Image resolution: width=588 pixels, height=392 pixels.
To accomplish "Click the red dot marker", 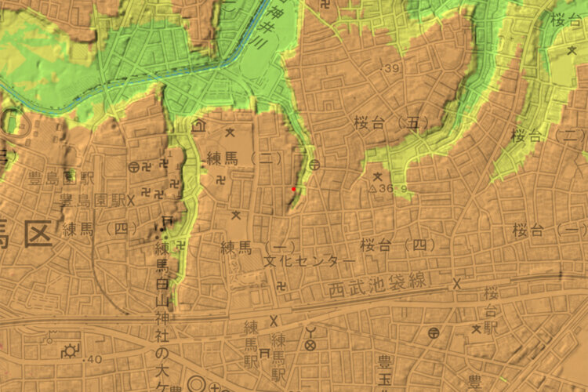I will point(293,189).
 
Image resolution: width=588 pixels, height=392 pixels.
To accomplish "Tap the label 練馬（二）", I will point(244,158).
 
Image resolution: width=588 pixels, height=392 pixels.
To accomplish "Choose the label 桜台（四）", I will point(397,245).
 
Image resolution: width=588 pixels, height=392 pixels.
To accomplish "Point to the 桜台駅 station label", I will point(492,310).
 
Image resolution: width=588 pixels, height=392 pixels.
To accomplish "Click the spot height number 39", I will point(392,71).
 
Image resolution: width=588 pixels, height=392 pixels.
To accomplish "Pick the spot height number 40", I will point(93,359).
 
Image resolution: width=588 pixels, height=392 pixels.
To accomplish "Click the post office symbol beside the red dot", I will point(314,165).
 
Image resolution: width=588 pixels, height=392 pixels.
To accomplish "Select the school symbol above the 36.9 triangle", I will point(378,176).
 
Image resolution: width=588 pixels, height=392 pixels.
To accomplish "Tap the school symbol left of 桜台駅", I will point(475,328).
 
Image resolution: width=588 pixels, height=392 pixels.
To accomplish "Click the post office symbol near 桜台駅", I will point(434,333).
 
